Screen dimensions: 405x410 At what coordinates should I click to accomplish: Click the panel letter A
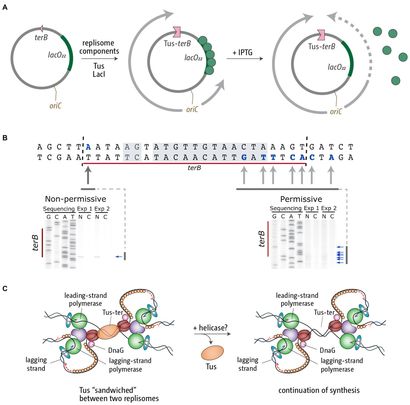click(x=8, y=7)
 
